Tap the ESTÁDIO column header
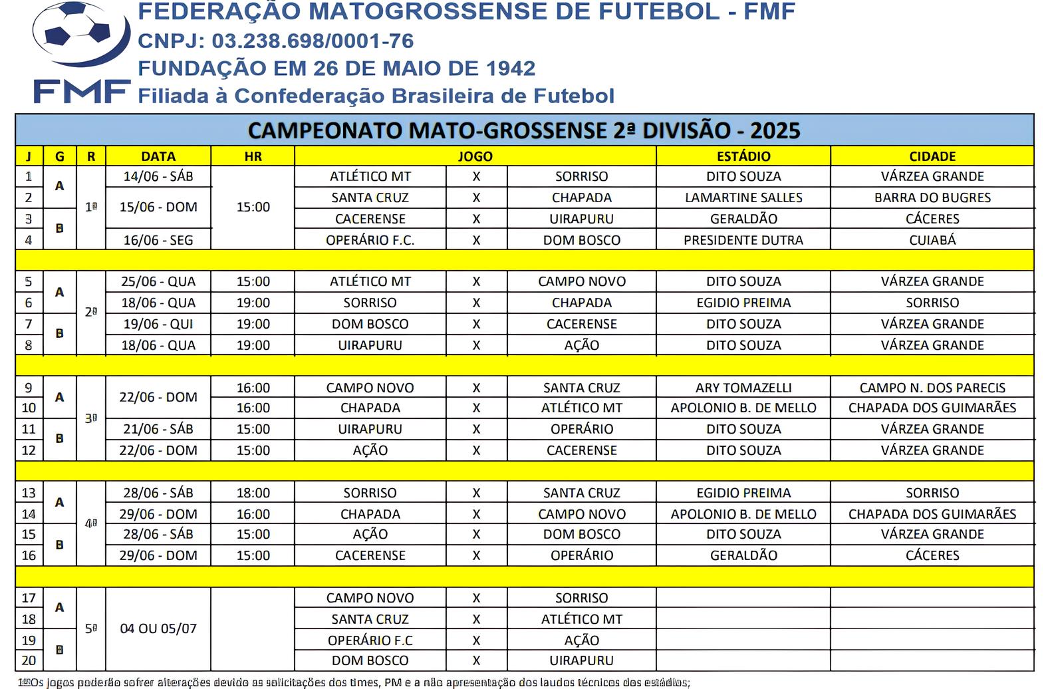743,156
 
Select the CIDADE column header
932,156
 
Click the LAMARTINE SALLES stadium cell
743,198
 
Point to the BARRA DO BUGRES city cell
932,198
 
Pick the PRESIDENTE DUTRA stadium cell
743,240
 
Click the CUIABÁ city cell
932,240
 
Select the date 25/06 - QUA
158,281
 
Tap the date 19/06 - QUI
158,324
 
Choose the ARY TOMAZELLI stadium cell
743,388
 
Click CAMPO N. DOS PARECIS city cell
932,388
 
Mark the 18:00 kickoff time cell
253,493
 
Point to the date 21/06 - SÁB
158,429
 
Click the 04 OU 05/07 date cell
158,628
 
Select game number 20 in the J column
29,660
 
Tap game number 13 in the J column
29,493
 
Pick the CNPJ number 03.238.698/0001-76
313,41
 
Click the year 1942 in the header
510,69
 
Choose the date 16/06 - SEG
158,240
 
